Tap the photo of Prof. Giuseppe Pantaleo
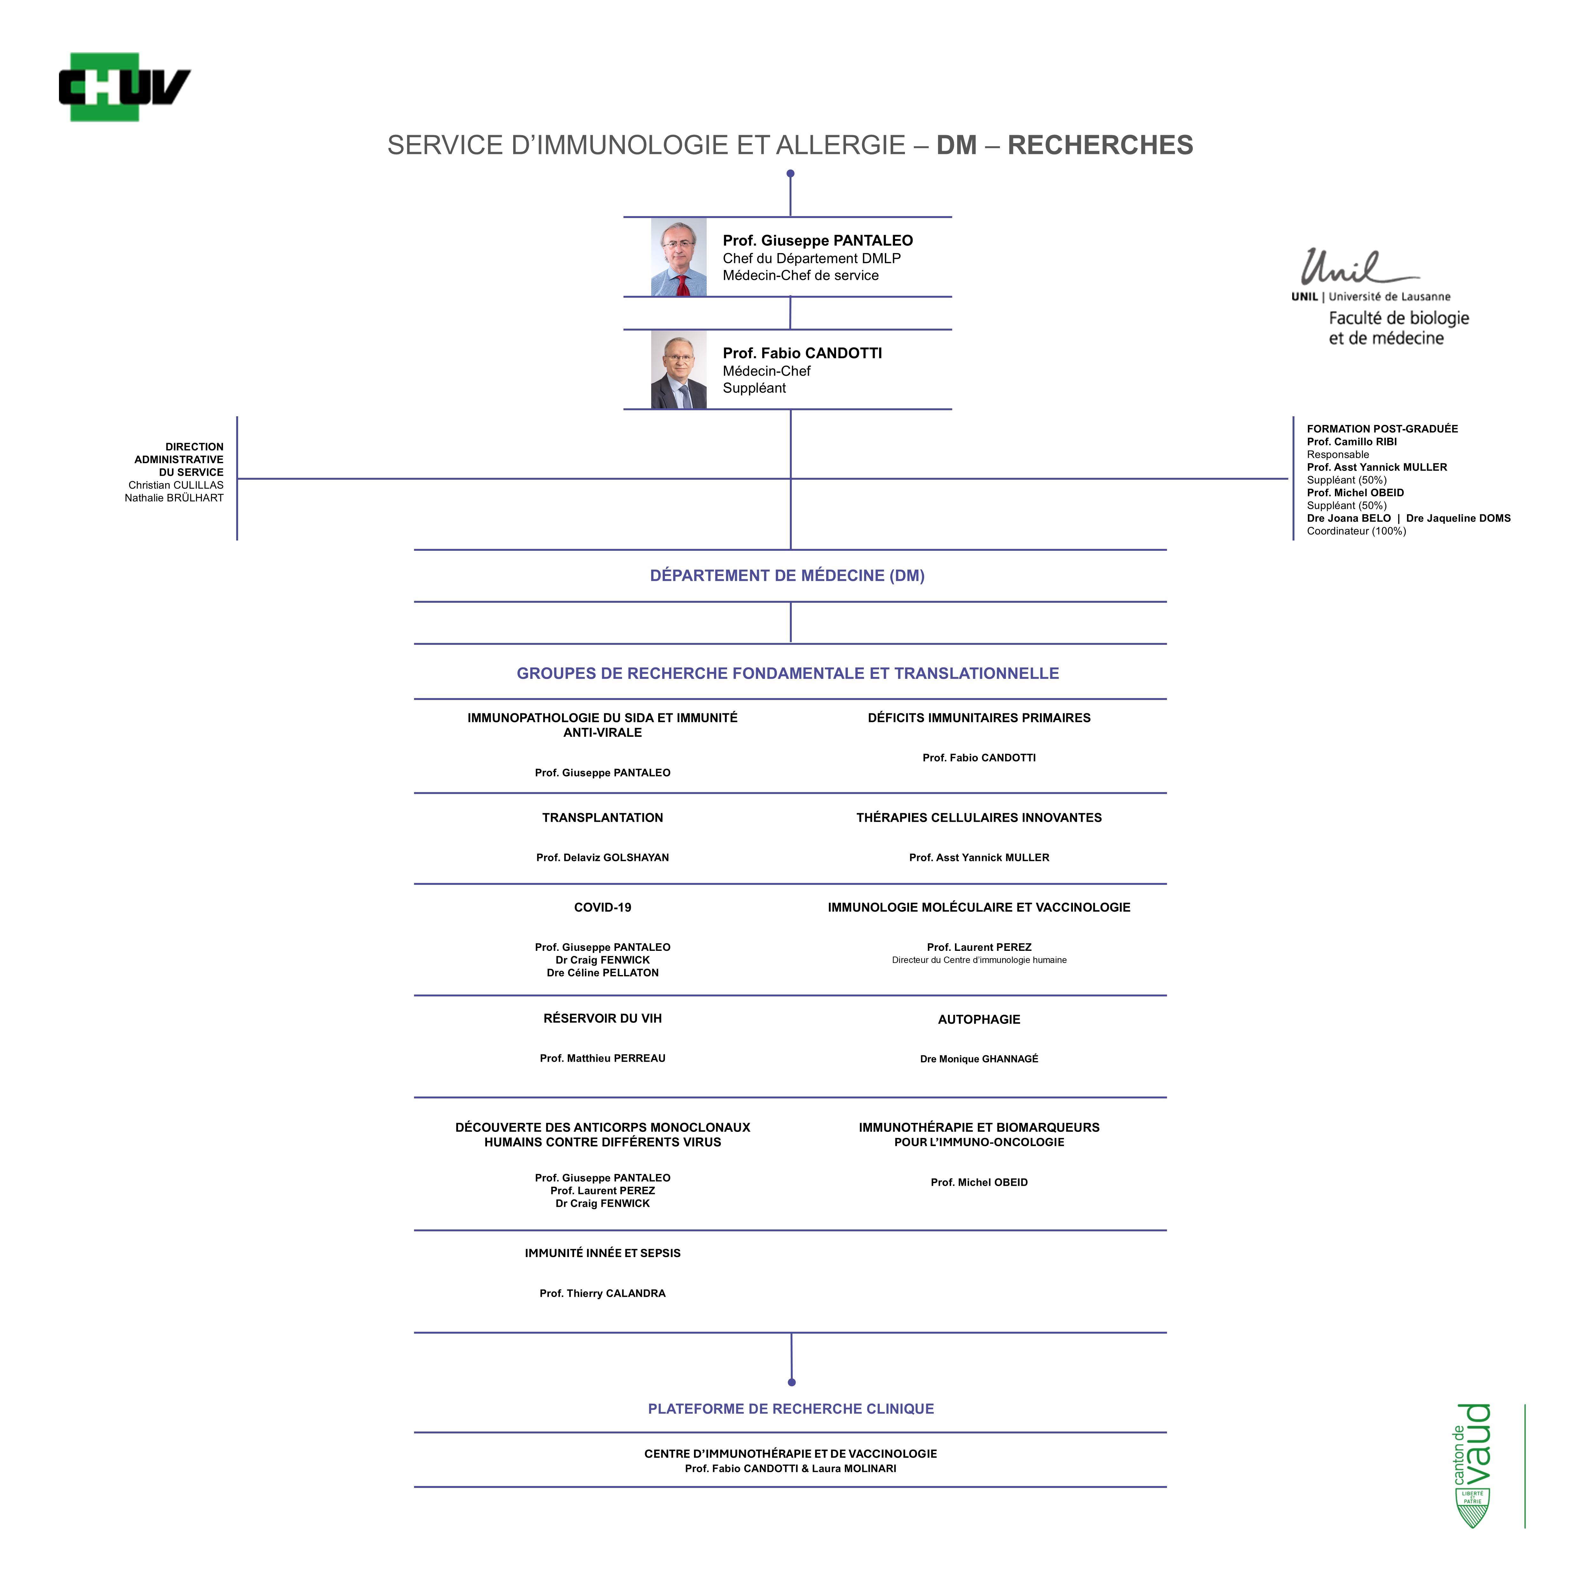click(x=678, y=257)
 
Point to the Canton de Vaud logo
click(x=1473, y=1465)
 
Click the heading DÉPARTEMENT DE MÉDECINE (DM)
click(x=787, y=575)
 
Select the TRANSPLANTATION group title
click(x=602, y=818)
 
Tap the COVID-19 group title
click(x=602, y=907)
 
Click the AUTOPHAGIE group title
click(x=979, y=1020)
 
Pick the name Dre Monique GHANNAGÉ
click(x=979, y=1059)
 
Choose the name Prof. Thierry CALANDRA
click(x=602, y=1293)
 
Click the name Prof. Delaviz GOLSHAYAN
click(x=602, y=858)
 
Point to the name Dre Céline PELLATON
click(x=602, y=973)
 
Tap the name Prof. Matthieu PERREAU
click(x=602, y=1058)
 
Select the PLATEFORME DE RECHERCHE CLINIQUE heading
click(x=790, y=1408)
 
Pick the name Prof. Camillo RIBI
click(x=1352, y=442)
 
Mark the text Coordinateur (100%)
click(x=1356, y=531)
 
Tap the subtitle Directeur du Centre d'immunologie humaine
click(x=979, y=960)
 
